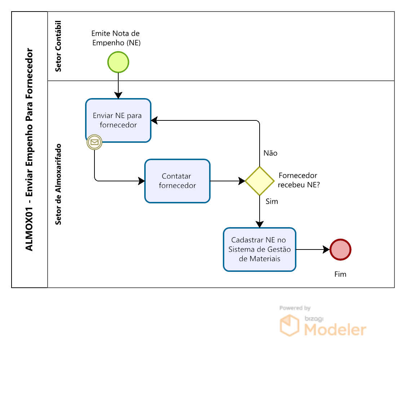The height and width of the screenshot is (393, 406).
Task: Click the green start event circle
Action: coord(118,62)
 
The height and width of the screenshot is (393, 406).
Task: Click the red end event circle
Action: coord(340,250)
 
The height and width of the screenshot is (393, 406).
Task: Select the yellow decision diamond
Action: coord(260,181)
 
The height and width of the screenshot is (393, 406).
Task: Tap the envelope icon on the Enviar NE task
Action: coord(94,142)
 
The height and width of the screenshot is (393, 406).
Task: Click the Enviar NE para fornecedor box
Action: coord(118,120)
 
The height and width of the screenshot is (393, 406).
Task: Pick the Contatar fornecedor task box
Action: coord(177,181)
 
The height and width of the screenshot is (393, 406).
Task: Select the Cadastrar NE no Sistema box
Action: coord(260,250)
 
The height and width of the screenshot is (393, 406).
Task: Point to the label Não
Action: coord(270,153)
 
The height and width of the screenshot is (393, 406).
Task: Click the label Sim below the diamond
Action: coord(272,202)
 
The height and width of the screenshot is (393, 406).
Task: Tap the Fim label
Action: coord(340,274)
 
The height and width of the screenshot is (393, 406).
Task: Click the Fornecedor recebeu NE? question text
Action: coord(299,180)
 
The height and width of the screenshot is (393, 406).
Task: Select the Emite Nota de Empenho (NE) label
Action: coord(116,38)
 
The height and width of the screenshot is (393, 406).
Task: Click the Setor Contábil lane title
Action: coord(58,46)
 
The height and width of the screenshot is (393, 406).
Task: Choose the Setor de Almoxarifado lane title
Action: coord(58,184)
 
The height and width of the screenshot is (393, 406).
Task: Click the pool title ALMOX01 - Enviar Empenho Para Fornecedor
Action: coord(30,150)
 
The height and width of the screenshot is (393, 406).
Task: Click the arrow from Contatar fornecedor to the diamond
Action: coord(227,181)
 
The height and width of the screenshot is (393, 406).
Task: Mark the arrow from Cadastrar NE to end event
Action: coord(312,250)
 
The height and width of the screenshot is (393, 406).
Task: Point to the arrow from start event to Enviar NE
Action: coord(118,85)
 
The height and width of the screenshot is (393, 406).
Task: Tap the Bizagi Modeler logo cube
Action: coord(290,325)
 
